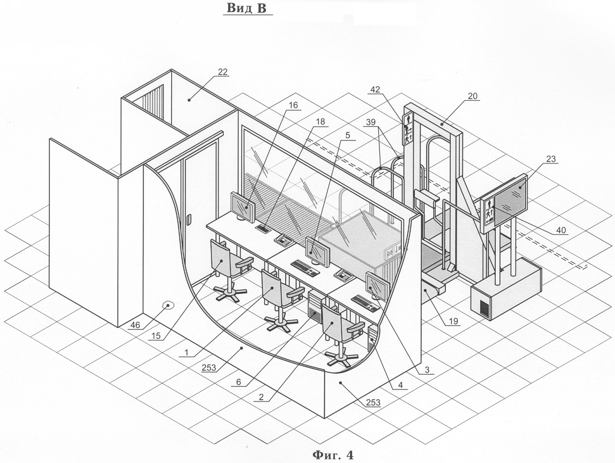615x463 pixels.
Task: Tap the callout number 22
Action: [223, 72]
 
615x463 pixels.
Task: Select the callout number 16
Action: [293, 105]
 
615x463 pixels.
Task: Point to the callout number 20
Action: [473, 96]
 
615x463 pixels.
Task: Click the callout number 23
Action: [551, 159]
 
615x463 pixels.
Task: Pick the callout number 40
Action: [561, 231]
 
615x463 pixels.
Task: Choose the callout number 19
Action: [453, 322]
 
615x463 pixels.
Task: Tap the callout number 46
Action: [135, 325]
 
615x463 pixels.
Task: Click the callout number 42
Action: [375, 90]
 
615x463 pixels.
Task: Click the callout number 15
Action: [156, 335]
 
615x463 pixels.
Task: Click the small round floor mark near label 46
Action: [167, 305]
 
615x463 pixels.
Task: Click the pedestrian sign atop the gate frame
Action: [408, 129]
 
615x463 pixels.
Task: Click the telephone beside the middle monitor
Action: [344, 273]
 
